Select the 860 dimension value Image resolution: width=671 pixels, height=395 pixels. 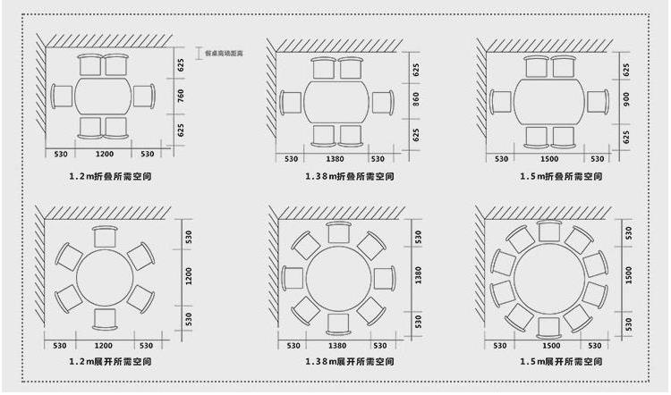(415, 101)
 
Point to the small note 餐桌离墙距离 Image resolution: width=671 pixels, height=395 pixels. (224, 54)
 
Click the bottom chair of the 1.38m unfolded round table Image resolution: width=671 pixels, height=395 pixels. (338, 323)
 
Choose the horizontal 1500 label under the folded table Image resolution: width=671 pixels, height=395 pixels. (550, 158)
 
